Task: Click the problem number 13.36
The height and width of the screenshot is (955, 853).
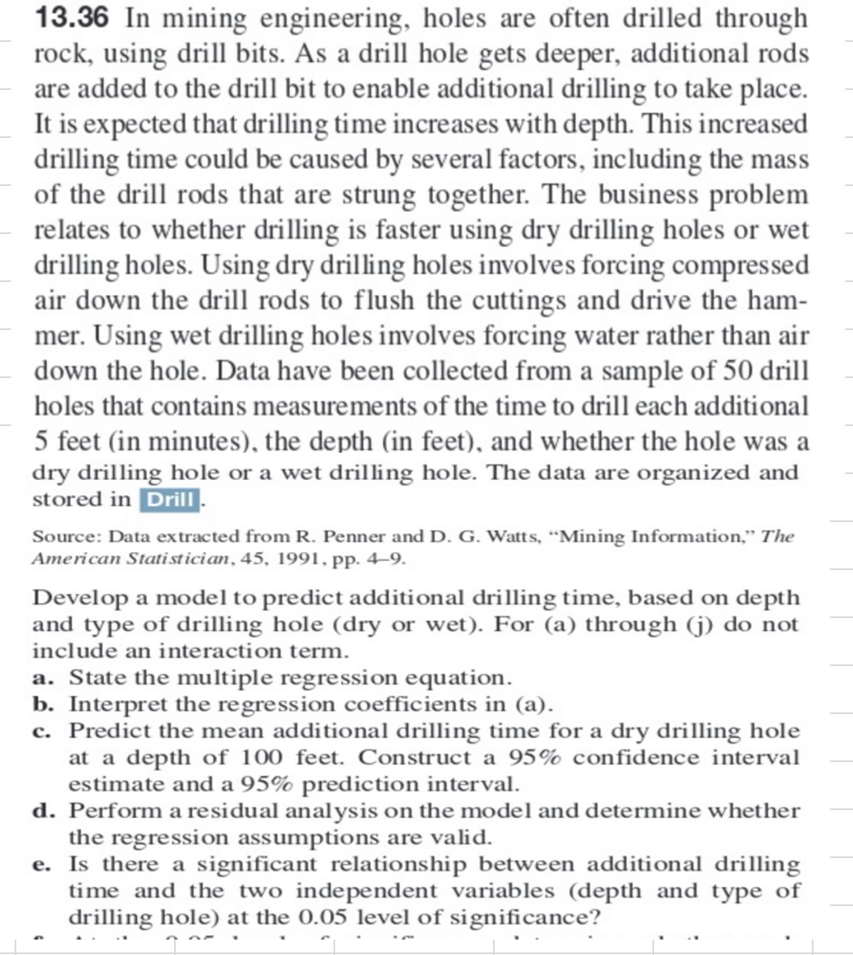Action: coord(69,19)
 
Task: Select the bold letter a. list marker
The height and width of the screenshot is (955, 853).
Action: coord(45,677)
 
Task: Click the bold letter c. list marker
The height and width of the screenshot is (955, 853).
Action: coord(45,730)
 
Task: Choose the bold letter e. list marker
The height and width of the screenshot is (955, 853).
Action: coord(45,863)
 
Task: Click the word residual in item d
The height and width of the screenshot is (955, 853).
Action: coord(225,810)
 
